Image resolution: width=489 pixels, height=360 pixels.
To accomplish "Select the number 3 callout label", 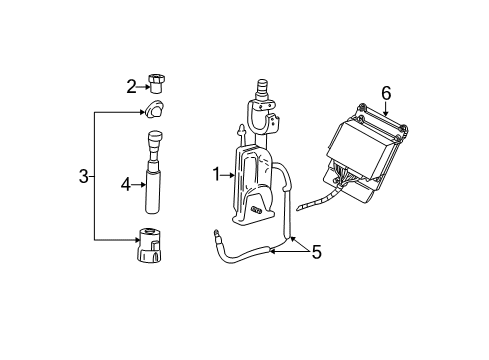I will pyautogui.click(x=83, y=178).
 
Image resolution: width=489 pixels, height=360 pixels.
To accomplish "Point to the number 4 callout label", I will pyautogui.click(x=126, y=183).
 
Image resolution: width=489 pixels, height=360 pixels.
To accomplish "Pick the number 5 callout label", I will pyautogui.click(x=316, y=253).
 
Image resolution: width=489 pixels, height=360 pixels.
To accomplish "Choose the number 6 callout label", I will pyautogui.click(x=386, y=93).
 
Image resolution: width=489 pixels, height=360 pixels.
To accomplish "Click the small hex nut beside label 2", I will pyautogui.click(x=157, y=82).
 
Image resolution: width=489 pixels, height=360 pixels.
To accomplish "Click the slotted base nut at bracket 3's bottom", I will pyautogui.click(x=155, y=244).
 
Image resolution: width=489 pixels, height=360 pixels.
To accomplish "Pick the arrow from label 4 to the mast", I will pyautogui.click(x=139, y=183).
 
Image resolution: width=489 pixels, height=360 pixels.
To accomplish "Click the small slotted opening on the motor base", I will pyautogui.click(x=257, y=211).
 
